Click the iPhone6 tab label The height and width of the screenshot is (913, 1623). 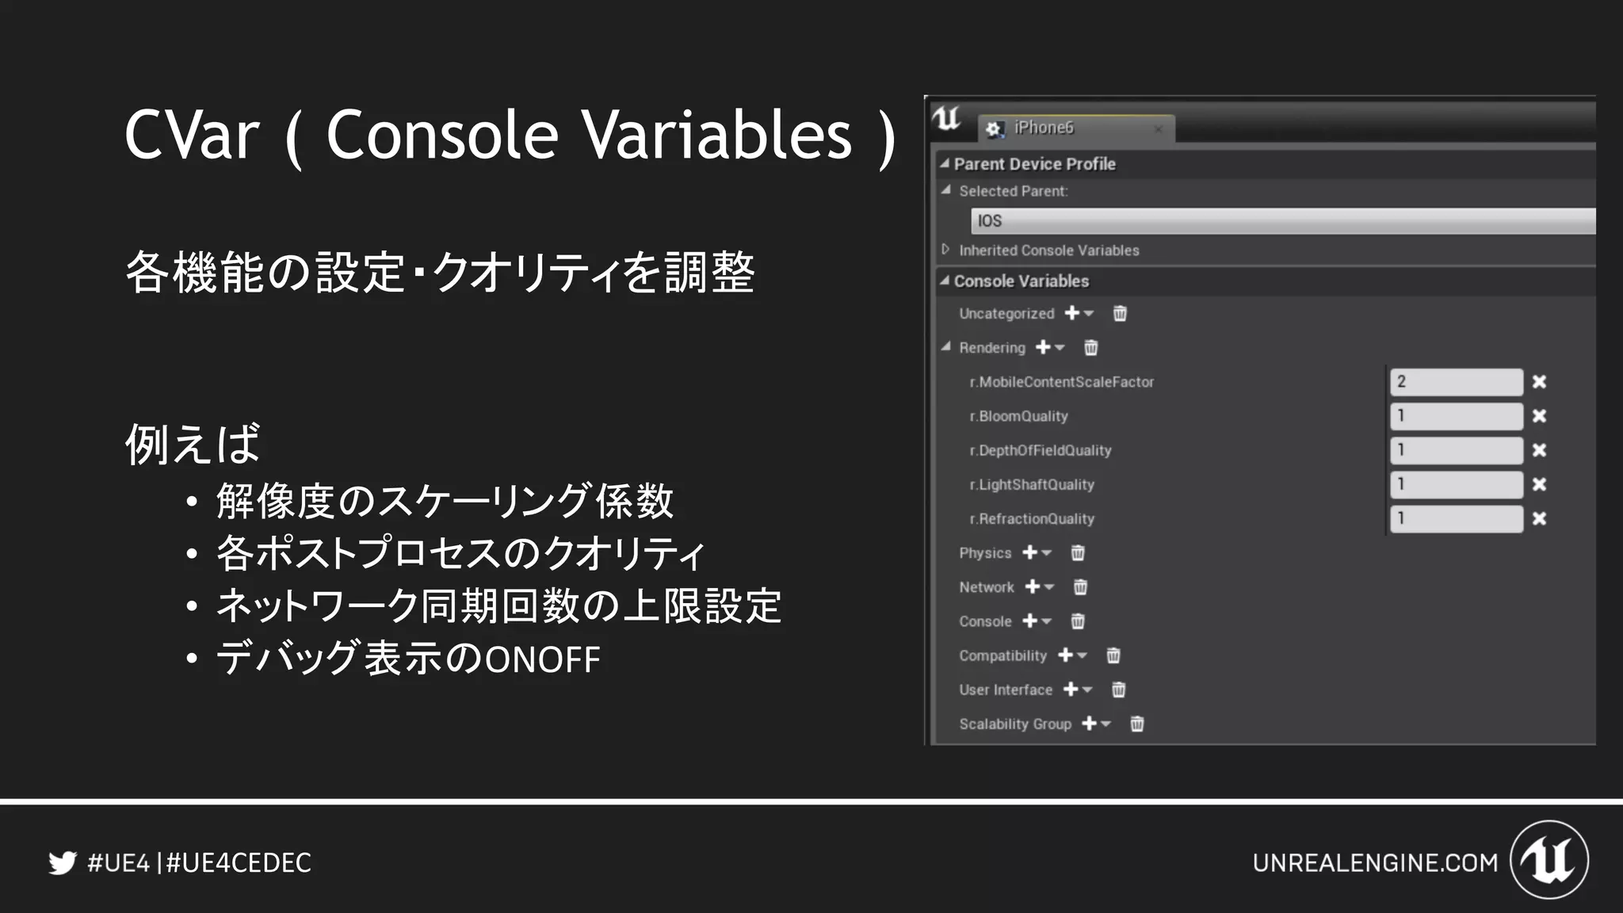[x=1044, y=128]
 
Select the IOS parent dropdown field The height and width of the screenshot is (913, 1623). [x=1282, y=221]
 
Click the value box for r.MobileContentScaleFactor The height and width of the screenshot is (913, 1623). [x=1456, y=382]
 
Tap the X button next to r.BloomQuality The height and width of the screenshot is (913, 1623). [x=1539, y=416]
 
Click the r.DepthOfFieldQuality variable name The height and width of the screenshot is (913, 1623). [x=1041, y=450]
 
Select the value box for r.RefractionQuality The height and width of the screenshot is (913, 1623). [x=1456, y=519]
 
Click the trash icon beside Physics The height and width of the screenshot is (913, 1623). [x=1078, y=553]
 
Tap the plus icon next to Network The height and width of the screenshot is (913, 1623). [x=1033, y=587]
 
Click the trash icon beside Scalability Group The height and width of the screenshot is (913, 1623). [x=1136, y=724]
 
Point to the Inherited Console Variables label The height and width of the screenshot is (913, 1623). [x=1048, y=250]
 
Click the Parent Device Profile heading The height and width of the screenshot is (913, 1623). [x=1034, y=164]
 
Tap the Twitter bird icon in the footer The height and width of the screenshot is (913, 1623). [x=62, y=862]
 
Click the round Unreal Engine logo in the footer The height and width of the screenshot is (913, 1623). [x=1549, y=860]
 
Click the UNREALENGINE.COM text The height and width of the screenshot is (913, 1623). [x=1375, y=863]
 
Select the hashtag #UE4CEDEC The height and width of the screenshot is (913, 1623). [x=239, y=863]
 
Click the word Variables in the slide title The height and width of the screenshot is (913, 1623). [x=716, y=135]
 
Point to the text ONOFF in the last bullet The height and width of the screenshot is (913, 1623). [x=542, y=660]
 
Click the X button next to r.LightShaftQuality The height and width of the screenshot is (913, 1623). [x=1539, y=484]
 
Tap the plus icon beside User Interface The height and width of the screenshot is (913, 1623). [x=1071, y=690]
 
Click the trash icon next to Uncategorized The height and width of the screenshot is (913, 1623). [x=1120, y=314]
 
